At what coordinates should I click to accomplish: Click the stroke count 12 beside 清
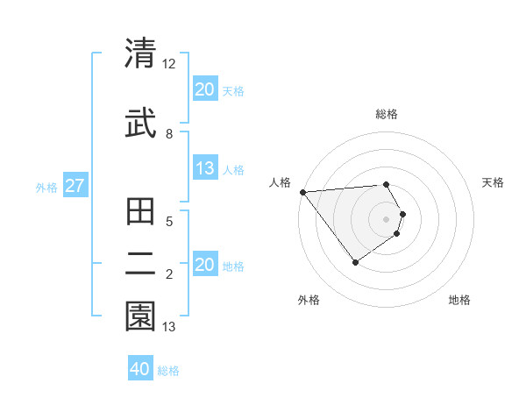click(169, 64)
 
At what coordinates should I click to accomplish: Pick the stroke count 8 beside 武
click(169, 133)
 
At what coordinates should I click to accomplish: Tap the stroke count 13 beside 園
click(169, 327)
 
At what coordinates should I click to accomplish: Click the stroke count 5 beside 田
click(169, 222)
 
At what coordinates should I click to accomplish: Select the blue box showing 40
click(140, 369)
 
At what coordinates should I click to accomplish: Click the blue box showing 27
click(75, 186)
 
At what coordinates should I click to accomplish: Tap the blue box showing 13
click(205, 169)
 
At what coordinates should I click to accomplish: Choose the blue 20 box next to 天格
click(205, 89)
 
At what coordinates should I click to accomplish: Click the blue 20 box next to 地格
click(205, 266)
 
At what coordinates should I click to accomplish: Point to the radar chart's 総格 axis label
click(387, 114)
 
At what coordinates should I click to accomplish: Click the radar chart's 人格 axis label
click(281, 182)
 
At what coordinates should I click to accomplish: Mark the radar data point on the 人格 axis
click(302, 192)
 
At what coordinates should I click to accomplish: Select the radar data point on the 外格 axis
click(355, 262)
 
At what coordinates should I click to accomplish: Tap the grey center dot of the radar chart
click(387, 219)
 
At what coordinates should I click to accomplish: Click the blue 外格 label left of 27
click(46, 187)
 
